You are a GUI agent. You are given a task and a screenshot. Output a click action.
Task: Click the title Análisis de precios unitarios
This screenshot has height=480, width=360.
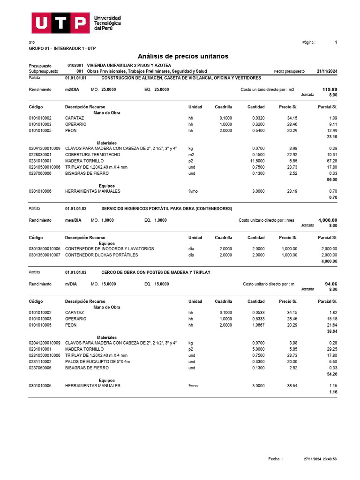point(183,56)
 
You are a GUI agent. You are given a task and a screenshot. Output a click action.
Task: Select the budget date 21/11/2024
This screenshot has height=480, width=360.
point(327,71)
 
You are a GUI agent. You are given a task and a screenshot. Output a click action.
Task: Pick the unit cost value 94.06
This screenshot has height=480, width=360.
point(331,284)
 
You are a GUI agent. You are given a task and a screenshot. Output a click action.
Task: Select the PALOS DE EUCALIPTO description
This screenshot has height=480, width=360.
point(97,362)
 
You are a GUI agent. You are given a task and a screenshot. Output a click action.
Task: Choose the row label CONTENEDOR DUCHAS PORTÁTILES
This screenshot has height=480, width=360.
point(102,255)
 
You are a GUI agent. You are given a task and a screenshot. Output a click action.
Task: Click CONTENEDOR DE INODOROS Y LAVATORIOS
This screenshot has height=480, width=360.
point(109,249)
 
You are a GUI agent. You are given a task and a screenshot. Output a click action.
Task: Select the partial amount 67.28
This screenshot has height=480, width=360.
point(331,160)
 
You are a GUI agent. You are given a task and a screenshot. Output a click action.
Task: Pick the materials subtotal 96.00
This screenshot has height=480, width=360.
point(331,180)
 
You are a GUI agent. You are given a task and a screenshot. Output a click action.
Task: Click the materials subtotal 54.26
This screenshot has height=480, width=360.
point(331,375)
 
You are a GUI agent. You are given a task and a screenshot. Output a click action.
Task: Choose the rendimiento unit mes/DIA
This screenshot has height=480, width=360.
point(73,220)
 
